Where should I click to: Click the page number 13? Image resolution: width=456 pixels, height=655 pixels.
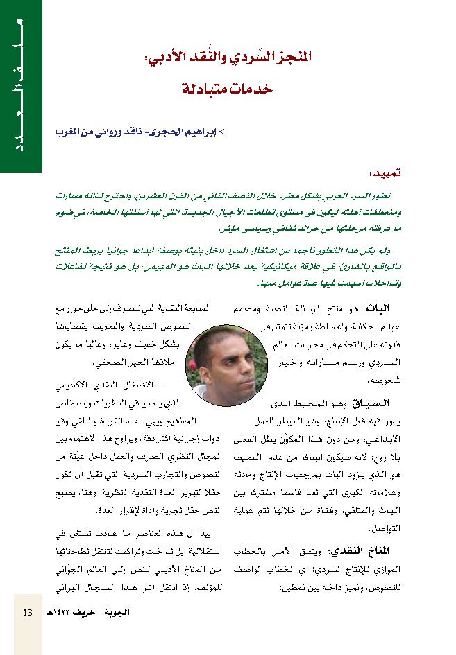click(x=28, y=613)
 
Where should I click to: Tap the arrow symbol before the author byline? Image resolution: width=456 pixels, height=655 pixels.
click(x=222, y=130)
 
